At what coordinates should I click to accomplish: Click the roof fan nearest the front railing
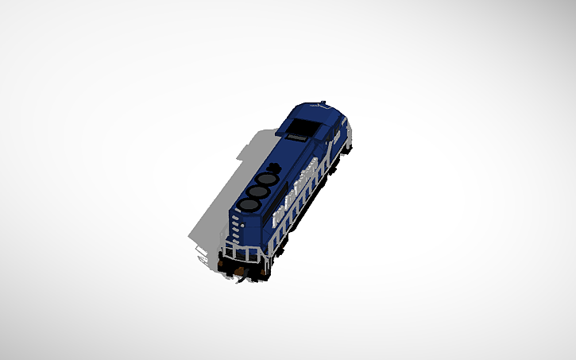click(x=248, y=206)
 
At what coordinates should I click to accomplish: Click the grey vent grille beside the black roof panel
click(x=295, y=137)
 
